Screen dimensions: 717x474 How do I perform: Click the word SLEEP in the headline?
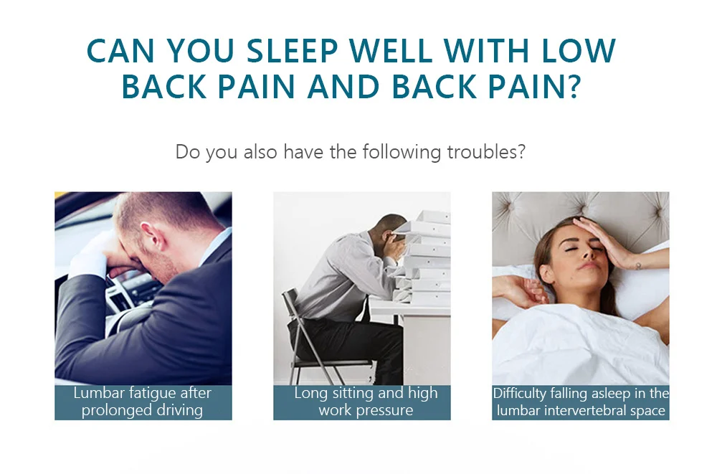tap(293, 50)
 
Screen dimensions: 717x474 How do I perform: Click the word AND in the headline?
tap(343, 87)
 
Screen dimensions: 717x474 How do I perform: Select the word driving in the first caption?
tap(179, 410)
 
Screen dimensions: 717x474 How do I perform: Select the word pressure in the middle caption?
tap(391, 410)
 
